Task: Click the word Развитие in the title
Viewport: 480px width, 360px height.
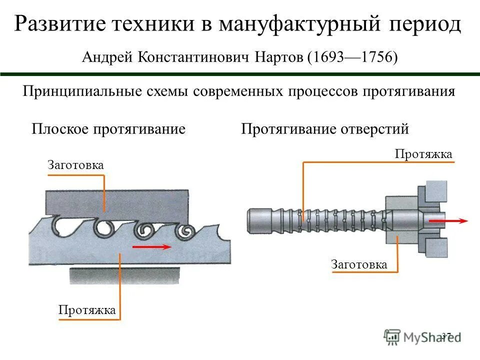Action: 60,24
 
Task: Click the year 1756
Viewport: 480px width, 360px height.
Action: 375,58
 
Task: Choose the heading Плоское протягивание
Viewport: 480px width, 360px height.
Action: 108,129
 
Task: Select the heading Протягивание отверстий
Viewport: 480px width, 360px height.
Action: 325,129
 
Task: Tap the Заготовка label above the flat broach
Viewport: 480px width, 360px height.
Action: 75,165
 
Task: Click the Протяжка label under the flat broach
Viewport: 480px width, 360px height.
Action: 87,310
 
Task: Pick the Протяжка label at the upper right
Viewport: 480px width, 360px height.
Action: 423,154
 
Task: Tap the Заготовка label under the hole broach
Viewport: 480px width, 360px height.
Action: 359,264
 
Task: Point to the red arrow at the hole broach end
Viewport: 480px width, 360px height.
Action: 448,220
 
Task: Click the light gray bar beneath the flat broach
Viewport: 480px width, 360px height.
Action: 124,275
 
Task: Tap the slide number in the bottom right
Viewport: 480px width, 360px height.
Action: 446,335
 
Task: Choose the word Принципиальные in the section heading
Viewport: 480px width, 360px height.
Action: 81,92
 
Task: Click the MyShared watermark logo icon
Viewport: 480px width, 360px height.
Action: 392,336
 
